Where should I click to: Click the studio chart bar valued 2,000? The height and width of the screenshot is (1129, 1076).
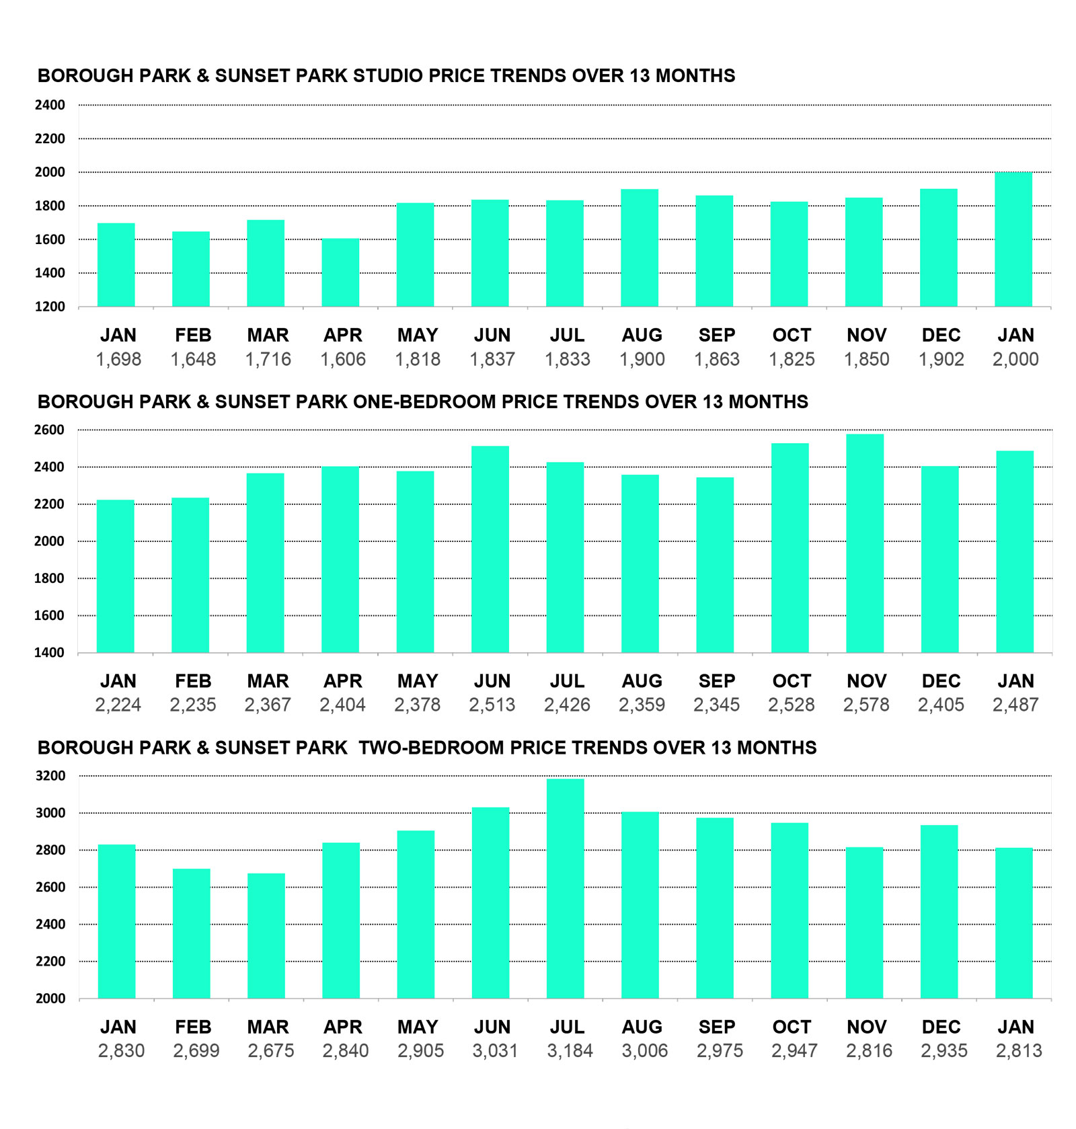(x=1013, y=239)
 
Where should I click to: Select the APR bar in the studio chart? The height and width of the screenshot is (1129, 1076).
(x=340, y=272)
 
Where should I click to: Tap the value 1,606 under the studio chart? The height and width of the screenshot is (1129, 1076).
(x=343, y=360)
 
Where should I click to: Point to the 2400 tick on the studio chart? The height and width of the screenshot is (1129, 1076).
(x=50, y=105)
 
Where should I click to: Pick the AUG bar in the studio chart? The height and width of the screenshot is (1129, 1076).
(x=640, y=248)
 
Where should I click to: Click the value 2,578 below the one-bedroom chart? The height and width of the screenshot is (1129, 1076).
(x=866, y=705)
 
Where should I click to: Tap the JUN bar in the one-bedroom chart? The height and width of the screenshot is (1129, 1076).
(x=490, y=549)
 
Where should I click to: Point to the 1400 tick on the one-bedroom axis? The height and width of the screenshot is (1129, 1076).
(x=50, y=652)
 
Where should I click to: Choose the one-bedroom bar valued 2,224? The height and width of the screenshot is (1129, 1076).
(x=116, y=576)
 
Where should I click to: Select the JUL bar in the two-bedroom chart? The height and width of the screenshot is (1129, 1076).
(x=566, y=888)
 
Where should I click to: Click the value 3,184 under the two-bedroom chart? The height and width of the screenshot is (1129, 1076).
(x=570, y=1051)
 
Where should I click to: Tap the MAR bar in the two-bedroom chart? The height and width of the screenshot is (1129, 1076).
(x=266, y=936)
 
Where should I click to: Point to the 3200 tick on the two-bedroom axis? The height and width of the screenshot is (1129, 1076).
(x=50, y=776)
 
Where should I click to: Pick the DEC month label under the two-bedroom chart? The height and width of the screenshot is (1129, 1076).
(x=941, y=1027)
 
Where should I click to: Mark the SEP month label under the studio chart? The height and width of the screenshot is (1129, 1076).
(x=717, y=335)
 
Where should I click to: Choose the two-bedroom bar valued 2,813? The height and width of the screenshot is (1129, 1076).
(x=1014, y=923)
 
